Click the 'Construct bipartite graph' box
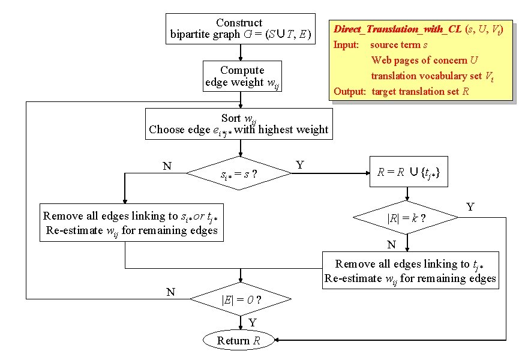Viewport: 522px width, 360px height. point(240,29)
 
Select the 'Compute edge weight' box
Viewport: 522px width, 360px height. point(242,76)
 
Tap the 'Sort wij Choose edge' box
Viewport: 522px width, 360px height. point(239,124)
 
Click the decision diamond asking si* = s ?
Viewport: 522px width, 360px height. point(239,175)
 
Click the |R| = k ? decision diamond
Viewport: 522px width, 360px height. point(407,219)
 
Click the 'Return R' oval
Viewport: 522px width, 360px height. point(239,341)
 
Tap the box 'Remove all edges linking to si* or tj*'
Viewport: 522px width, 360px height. point(131,223)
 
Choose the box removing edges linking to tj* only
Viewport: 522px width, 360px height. point(410,271)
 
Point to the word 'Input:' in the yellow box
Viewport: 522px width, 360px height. point(346,44)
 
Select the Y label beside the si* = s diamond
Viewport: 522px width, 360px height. point(299,164)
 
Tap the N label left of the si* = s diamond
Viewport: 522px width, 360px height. point(167,165)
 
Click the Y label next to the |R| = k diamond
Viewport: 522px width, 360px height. point(470,207)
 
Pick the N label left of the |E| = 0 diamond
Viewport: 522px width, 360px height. point(170,292)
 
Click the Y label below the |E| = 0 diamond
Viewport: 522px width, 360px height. point(252,323)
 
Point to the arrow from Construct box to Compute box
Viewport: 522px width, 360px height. point(240,52)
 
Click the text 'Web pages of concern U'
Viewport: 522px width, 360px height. point(424,60)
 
